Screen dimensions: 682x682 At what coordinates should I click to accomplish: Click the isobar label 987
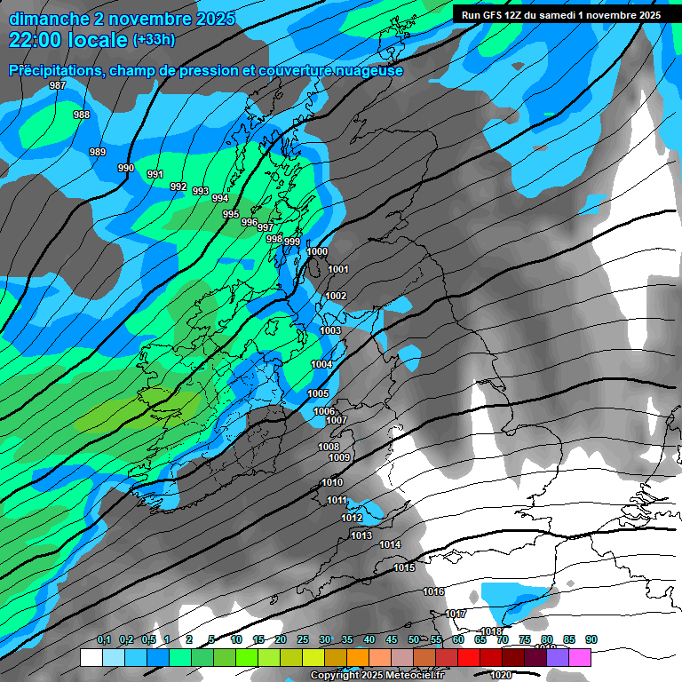pyautogui.click(x=58, y=85)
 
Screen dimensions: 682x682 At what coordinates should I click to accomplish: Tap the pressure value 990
pyautogui.click(x=126, y=168)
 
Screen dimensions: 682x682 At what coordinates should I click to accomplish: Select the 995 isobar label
pyautogui.click(x=231, y=214)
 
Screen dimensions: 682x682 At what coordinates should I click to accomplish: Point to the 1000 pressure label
pyautogui.click(x=317, y=251)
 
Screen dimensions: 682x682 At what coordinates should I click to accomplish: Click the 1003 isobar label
pyautogui.click(x=330, y=330)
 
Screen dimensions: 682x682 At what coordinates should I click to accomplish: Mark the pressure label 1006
pyautogui.click(x=324, y=411)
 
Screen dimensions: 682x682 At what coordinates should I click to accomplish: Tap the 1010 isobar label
pyautogui.click(x=332, y=482)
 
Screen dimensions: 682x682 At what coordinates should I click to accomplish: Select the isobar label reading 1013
pyautogui.click(x=361, y=535)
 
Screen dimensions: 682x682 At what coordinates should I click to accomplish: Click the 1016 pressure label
pyautogui.click(x=433, y=591)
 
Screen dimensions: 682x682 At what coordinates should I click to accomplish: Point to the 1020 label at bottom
pyautogui.click(x=501, y=674)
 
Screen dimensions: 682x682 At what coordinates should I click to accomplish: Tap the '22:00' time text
pyautogui.click(x=39, y=39)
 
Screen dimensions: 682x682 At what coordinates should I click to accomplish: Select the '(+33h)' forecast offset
pyautogui.click(x=154, y=40)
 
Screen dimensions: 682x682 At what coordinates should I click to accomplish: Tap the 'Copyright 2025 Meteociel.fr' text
pyautogui.click(x=377, y=676)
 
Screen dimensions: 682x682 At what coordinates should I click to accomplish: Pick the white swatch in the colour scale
pyautogui.click(x=91, y=657)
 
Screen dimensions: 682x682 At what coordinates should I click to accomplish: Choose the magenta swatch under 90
pyautogui.click(x=579, y=657)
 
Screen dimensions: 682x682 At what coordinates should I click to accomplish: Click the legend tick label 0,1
pyautogui.click(x=104, y=640)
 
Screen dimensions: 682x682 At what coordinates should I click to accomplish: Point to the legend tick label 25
pyautogui.click(x=303, y=640)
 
